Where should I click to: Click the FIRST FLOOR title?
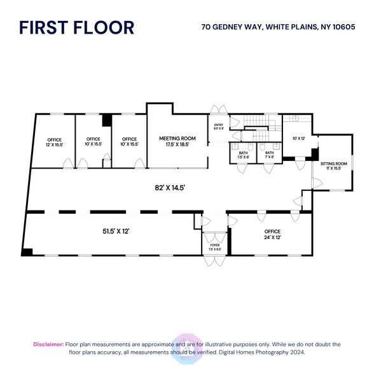76,27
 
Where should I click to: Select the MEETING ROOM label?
177,141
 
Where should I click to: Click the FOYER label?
214,247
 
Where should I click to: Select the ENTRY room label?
219,127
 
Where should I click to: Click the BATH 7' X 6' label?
270,155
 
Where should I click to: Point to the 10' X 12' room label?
299,138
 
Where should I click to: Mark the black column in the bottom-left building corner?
27,252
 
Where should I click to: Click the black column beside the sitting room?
313,154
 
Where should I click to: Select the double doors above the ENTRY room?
218,109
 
